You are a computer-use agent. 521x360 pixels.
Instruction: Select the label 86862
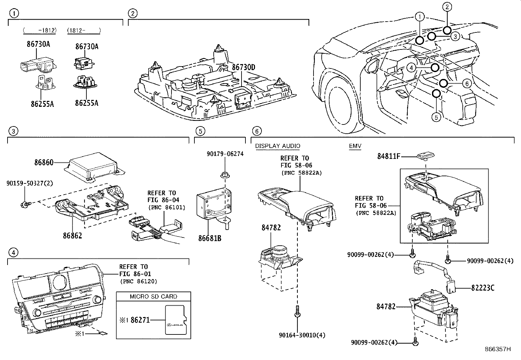(72, 235)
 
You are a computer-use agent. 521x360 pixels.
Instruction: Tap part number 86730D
(243, 67)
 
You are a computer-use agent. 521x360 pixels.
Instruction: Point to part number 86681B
(210, 238)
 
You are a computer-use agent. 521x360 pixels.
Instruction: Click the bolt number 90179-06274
(225, 154)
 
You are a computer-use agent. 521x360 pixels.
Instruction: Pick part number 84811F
(389, 157)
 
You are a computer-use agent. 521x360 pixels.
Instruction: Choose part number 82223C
(483, 288)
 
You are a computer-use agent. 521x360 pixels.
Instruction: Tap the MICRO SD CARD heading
(153, 296)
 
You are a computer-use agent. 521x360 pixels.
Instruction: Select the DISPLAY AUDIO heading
(278, 146)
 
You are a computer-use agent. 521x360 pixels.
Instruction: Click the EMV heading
(355, 146)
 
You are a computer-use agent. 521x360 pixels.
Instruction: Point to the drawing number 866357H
(497, 349)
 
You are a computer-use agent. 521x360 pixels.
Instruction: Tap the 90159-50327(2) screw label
(29, 183)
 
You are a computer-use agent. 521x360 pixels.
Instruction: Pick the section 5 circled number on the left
(200, 131)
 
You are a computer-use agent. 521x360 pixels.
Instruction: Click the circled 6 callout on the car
(467, 84)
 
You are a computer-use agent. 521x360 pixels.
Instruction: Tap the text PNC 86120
(138, 281)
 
